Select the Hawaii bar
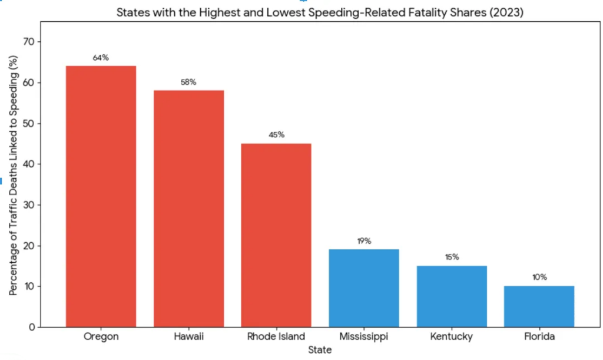coord(188,209)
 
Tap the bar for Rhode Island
coord(276,235)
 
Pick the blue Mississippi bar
coord(364,288)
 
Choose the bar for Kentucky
coord(452,296)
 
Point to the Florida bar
coord(539,306)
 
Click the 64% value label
coord(101,58)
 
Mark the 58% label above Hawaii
coord(188,82)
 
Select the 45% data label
coord(276,135)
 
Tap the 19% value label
coord(364,241)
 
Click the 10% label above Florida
coord(539,278)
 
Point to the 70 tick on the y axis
coord(29,42)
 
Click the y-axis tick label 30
coord(29,205)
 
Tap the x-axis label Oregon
coord(101,337)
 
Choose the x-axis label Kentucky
coord(452,337)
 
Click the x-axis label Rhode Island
coord(276,337)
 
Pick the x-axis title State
coord(320,350)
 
